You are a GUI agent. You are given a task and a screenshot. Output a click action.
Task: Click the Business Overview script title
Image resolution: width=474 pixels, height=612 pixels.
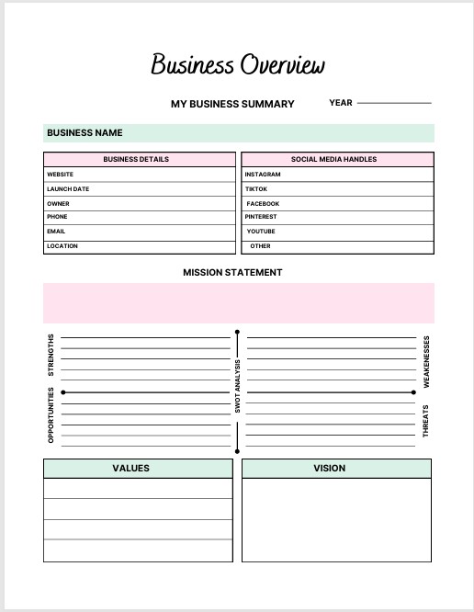[x=237, y=65]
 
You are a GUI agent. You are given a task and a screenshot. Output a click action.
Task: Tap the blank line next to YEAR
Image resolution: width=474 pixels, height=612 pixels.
[x=394, y=103]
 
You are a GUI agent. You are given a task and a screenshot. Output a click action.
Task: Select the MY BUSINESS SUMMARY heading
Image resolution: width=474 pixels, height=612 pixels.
[x=232, y=104]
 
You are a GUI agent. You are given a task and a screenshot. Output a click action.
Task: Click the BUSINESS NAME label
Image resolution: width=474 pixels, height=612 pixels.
[x=85, y=133]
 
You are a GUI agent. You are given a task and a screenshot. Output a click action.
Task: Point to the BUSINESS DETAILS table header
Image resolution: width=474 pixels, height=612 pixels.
[x=136, y=159]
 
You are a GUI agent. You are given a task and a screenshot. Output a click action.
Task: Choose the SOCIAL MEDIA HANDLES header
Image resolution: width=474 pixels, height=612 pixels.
[x=333, y=159]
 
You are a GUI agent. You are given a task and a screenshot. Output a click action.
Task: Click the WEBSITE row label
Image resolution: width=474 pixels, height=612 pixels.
[x=61, y=174]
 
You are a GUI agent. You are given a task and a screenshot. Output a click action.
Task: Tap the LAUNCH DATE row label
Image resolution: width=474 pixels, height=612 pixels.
[x=68, y=188]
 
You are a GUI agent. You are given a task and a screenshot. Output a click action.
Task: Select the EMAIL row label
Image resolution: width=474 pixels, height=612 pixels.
[x=56, y=232]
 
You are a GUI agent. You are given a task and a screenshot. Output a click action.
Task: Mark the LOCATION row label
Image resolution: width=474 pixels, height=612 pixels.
[x=62, y=246]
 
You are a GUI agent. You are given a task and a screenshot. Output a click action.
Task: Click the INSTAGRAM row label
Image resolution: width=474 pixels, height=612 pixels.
[x=263, y=174]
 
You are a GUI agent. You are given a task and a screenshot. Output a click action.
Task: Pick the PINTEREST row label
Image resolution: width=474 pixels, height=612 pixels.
[x=261, y=217]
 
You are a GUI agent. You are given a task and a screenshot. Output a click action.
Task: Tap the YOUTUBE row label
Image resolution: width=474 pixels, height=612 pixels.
[x=260, y=232]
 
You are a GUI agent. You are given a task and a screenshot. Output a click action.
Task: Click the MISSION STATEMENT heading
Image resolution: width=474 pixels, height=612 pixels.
[x=232, y=272]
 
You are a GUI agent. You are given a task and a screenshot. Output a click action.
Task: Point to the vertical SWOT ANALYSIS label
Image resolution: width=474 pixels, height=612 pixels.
[x=237, y=385]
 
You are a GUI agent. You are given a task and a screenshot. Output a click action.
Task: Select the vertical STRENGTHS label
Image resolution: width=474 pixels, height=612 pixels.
[x=51, y=355]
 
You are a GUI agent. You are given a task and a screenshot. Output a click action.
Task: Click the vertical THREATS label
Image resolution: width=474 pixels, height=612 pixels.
[x=425, y=420]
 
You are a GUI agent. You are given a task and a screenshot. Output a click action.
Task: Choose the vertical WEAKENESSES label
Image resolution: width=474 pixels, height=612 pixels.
[x=425, y=361]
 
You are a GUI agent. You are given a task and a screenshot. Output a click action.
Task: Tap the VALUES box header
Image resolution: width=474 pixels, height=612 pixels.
[x=131, y=468]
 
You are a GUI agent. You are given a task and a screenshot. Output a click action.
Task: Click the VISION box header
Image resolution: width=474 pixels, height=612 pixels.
[x=329, y=468]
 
